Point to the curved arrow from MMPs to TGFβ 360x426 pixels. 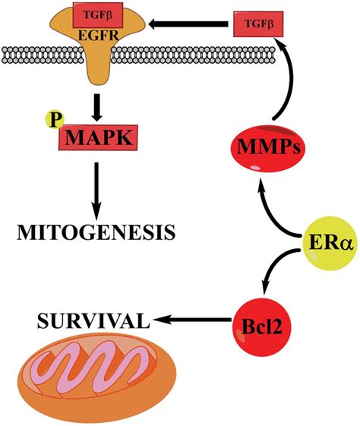[292, 84]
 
